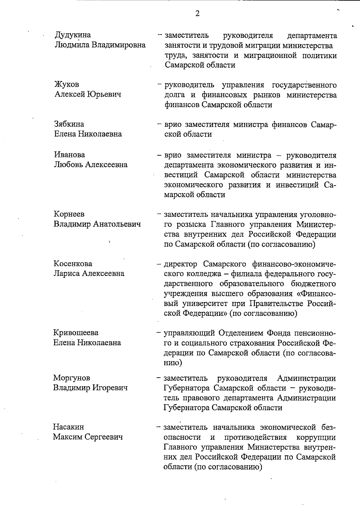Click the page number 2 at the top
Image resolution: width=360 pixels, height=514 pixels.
197,14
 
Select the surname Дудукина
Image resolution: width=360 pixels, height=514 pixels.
73,35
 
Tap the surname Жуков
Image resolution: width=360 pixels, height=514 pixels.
67,85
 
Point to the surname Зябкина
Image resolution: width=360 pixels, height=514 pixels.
69,124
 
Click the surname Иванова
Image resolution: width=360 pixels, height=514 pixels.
69,155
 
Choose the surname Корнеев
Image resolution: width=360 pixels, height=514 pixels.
69,214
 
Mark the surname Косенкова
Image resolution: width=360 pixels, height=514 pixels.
73,264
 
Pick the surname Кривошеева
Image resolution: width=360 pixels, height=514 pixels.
76,333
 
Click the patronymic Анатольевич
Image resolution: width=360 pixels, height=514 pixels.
117,224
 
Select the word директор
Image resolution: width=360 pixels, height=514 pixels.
180,264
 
